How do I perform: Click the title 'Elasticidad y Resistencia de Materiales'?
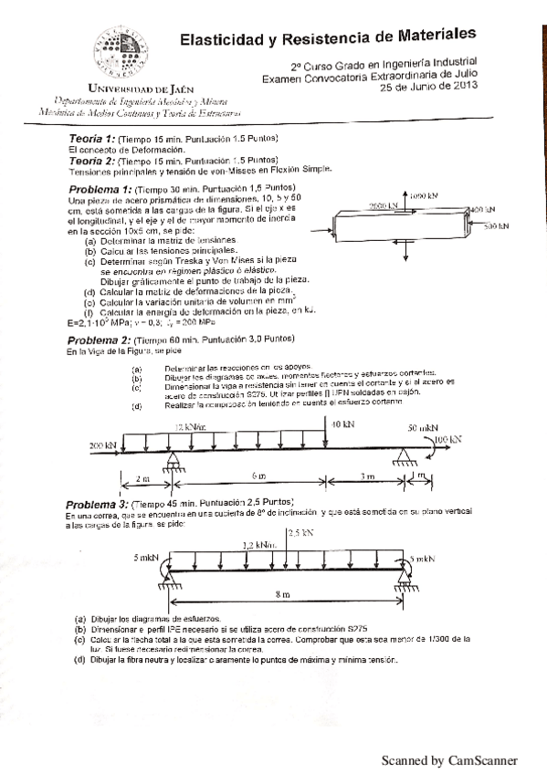tap(328, 37)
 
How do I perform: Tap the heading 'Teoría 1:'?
tap(91, 138)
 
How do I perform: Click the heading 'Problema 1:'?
tap(100, 189)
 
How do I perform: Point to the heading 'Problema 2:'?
tap(100, 340)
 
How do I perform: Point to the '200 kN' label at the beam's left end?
tap(102, 445)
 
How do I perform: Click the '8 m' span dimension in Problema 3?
tap(283, 594)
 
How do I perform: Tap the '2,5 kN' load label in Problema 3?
tap(300, 531)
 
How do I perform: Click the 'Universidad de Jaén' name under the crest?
tap(126, 89)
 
